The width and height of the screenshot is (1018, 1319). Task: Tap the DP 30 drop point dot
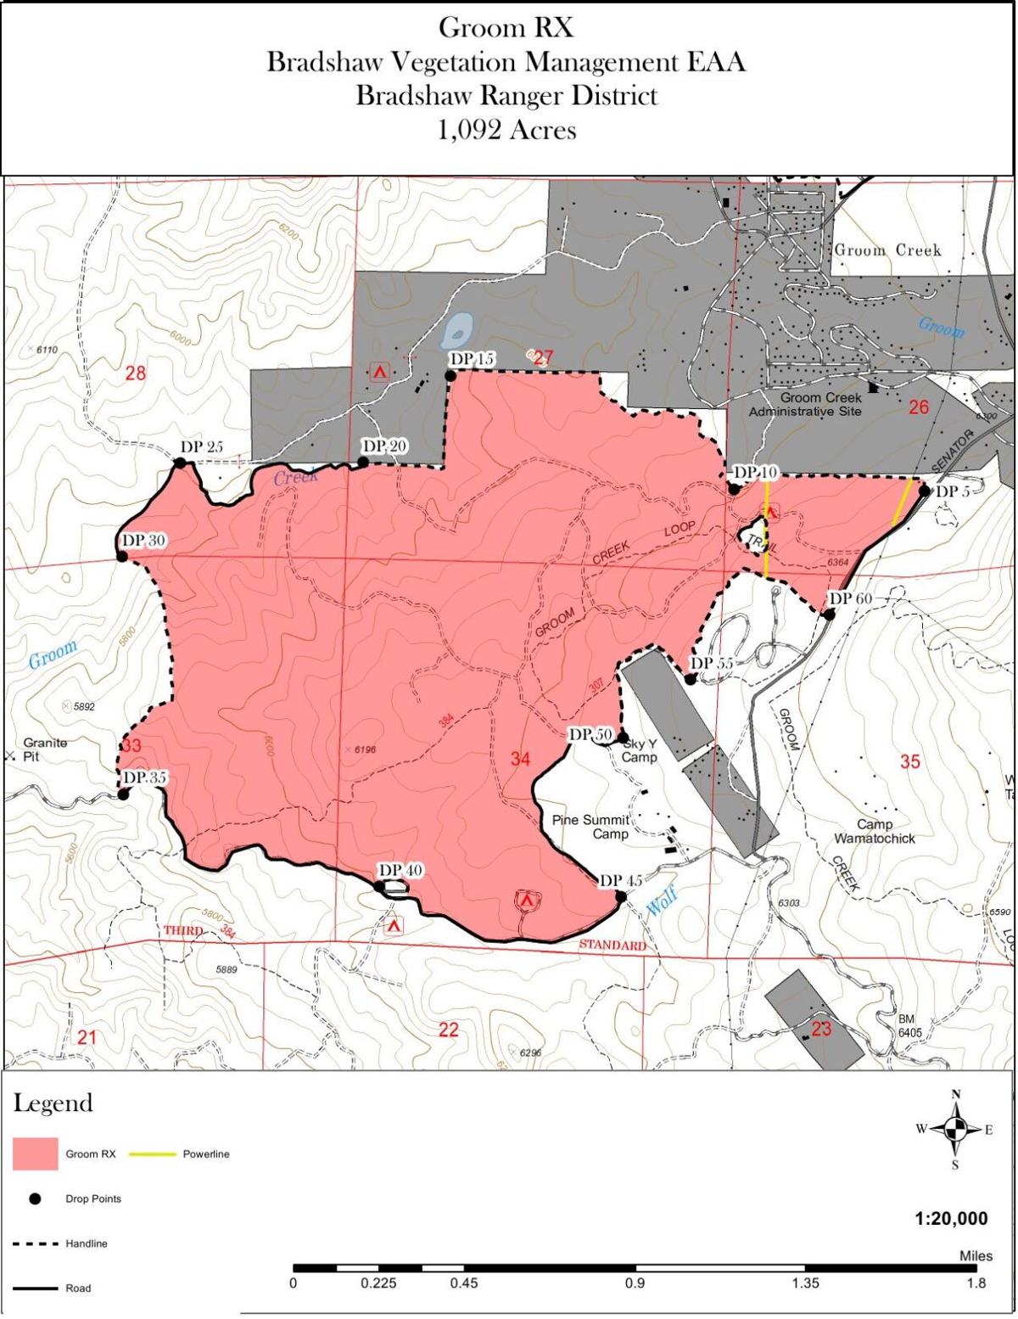(121, 557)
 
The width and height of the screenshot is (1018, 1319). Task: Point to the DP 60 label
(850, 598)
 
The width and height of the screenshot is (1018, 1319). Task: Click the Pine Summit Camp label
(590, 827)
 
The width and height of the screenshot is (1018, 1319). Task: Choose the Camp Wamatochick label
(874, 831)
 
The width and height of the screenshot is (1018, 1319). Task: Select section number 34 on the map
(520, 759)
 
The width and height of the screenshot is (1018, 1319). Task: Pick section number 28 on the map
(136, 372)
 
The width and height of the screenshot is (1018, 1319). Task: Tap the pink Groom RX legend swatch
(36, 1154)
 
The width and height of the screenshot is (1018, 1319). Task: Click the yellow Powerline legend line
(153, 1154)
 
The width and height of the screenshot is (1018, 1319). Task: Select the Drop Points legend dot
(36, 1199)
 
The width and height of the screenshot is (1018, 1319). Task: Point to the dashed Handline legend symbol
(36, 1244)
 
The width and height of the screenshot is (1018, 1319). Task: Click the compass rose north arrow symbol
(956, 1128)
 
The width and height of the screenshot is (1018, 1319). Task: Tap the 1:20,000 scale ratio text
(951, 1219)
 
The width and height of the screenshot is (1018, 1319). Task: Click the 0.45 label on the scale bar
(464, 1283)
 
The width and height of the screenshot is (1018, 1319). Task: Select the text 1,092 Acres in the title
(506, 130)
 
